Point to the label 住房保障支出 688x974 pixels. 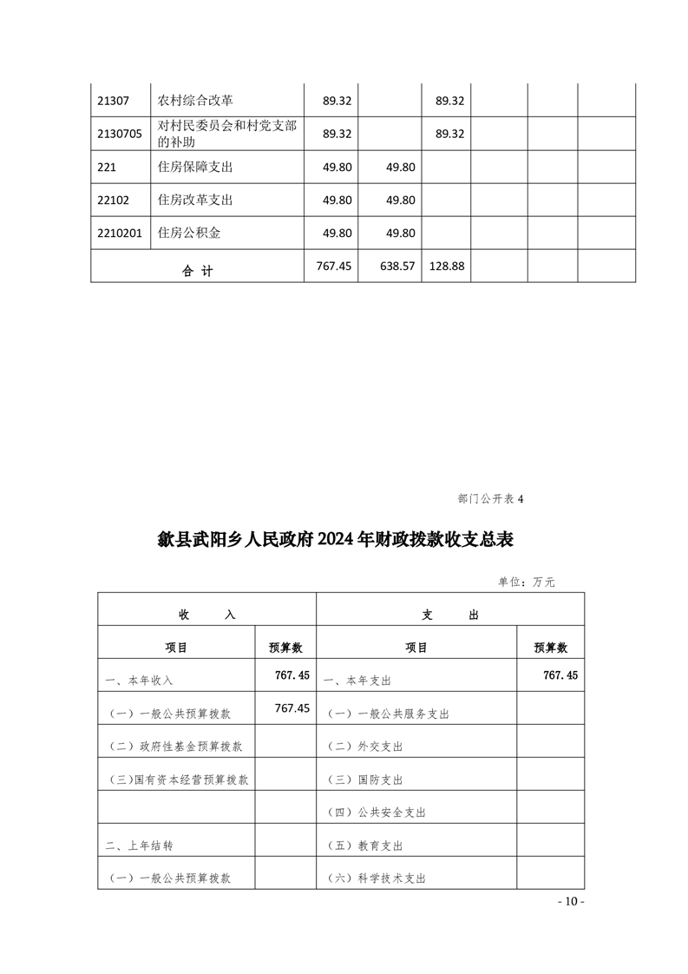[195, 167]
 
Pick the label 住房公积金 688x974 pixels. [189, 233]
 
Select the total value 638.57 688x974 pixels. [398, 267]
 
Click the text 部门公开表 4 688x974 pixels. [490, 499]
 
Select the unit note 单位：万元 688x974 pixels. [526, 582]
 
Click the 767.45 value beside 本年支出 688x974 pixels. [560, 675]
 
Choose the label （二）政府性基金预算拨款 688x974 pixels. [176, 747]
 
